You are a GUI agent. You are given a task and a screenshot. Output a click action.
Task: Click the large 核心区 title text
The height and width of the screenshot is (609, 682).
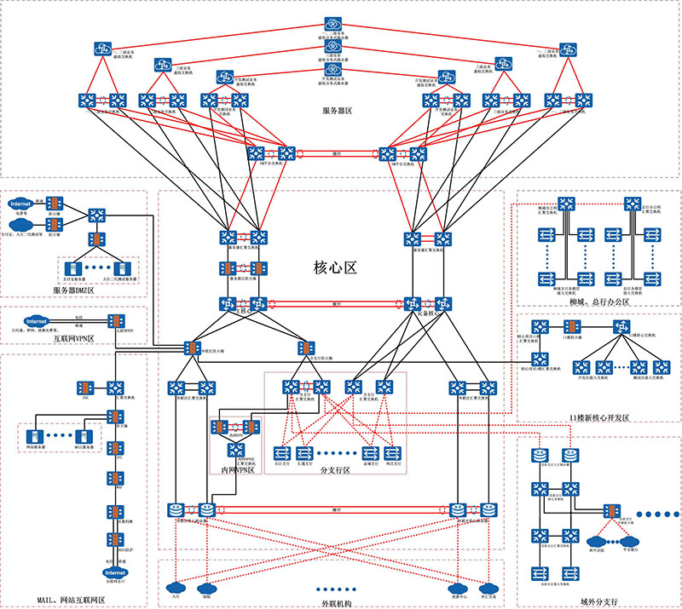pyautogui.click(x=334, y=267)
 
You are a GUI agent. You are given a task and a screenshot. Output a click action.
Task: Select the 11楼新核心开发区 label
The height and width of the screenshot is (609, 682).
pyautogui.click(x=598, y=418)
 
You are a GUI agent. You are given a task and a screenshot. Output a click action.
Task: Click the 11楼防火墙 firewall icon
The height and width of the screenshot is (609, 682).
pyautogui.click(x=572, y=326)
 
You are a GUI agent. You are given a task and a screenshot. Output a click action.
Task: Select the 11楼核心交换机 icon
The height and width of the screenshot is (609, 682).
pyautogui.click(x=623, y=326)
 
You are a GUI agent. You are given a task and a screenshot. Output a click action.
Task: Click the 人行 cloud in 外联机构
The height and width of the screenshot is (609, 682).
pyautogui.click(x=176, y=587)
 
